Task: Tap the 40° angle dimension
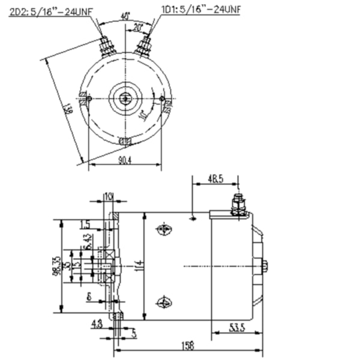(125, 16)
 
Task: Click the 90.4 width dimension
(125, 160)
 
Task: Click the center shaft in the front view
(125, 97)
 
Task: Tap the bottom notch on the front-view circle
(125, 141)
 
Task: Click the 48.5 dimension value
(215, 178)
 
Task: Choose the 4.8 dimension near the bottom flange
(96, 324)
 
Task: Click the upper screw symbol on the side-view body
(163, 230)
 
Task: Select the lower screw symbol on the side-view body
(163, 302)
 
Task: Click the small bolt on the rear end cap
(265, 266)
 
